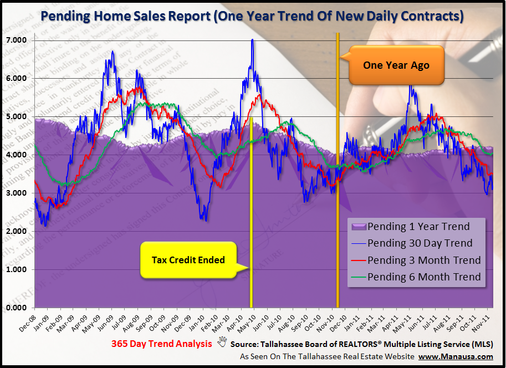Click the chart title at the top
[253, 16]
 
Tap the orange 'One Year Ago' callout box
[396, 65]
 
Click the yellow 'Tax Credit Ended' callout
[188, 259]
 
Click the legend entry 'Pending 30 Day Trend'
[420, 243]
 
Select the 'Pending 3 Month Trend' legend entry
[424, 260]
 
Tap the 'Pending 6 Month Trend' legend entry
[424, 277]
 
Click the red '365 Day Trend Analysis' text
[161, 344]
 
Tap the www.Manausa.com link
[456, 356]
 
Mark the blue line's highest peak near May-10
[252, 40]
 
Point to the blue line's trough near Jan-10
[206, 220]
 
